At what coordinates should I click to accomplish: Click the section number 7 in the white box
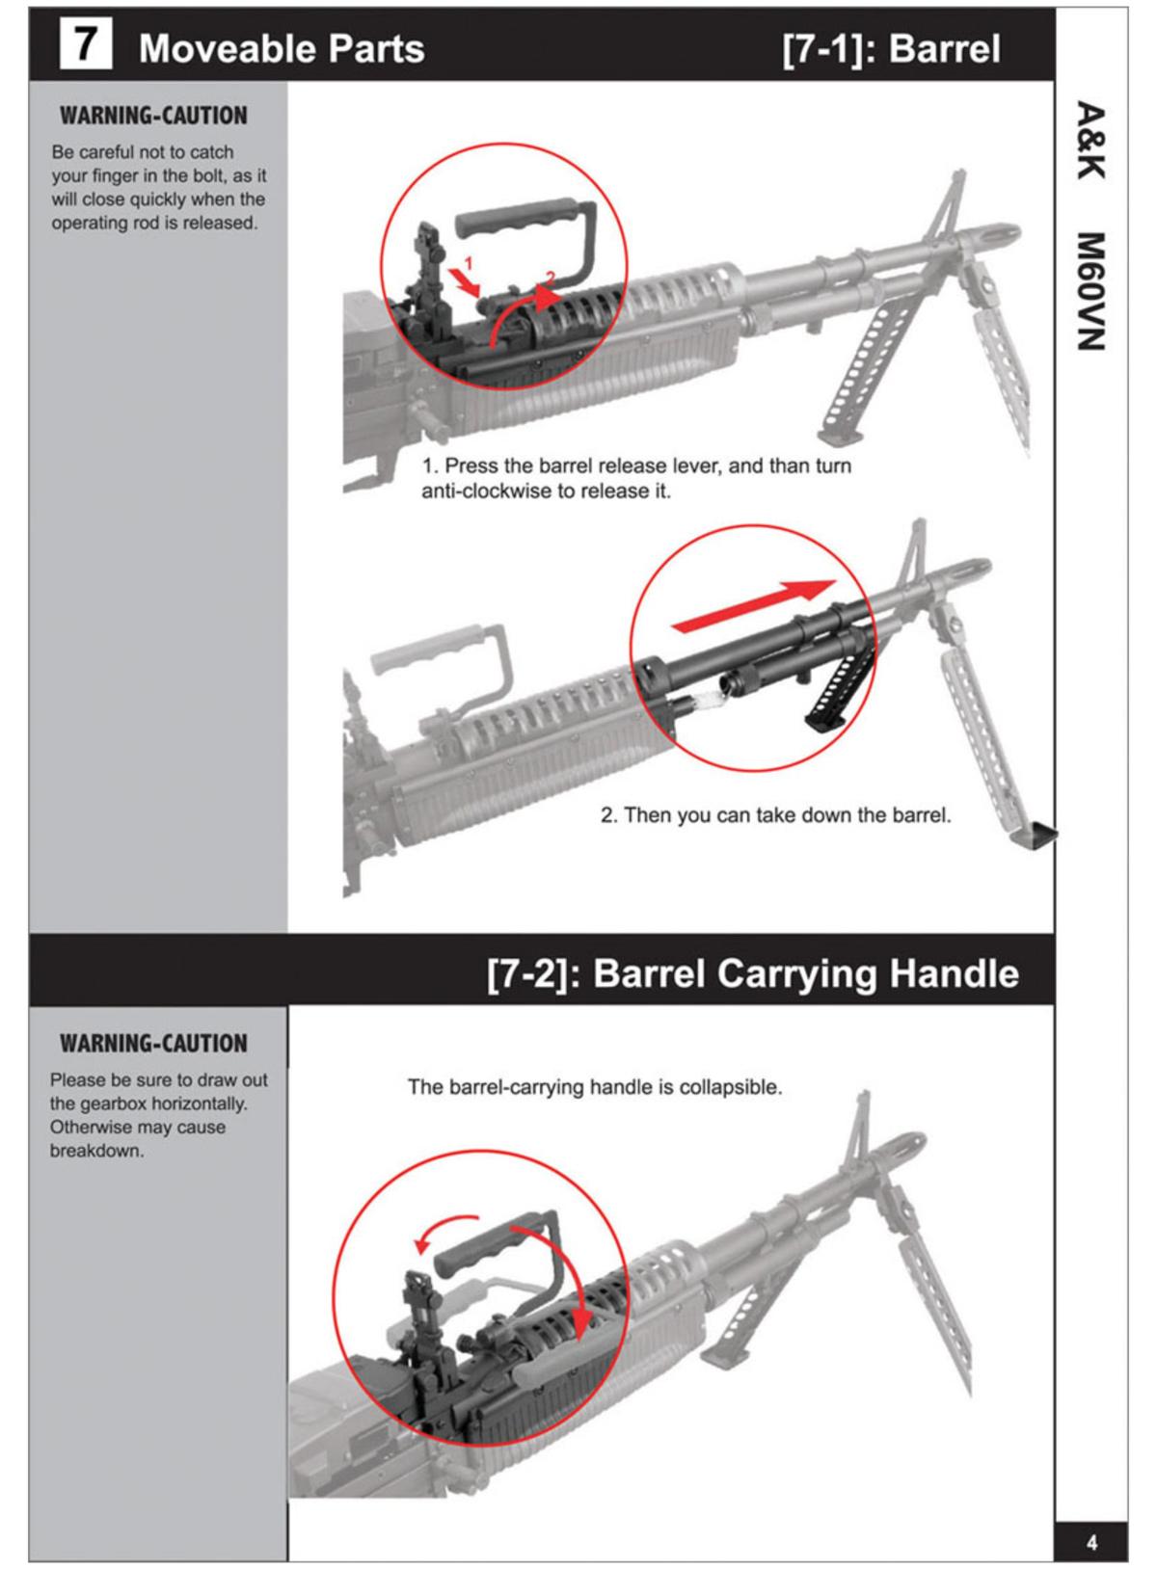coord(85,45)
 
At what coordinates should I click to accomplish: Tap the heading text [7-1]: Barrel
coord(891,48)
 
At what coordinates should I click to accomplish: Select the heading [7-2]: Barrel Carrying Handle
coord(752,973)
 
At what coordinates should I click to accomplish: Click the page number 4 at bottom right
coord(1091,1543)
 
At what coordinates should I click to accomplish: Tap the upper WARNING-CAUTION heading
coord(153,116)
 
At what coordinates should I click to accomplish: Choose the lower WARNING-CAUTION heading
coord(153,1044)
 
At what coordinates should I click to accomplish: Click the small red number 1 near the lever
coord(469,262)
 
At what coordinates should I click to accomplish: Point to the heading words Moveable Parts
coord(282,48)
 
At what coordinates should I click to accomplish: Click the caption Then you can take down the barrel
coord(775,815)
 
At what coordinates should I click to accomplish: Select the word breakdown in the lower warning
coord(96,1151)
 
